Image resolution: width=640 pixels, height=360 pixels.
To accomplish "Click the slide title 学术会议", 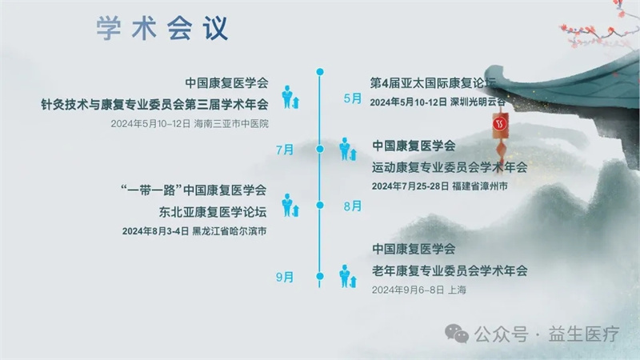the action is (162, 28).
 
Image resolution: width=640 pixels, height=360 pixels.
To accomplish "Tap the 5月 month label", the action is (353, 98).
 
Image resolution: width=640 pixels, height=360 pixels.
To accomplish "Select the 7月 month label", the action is (285, 150).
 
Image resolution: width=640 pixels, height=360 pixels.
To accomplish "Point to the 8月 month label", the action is (353, 206).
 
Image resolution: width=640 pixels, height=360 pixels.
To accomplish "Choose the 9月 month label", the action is (285, 277).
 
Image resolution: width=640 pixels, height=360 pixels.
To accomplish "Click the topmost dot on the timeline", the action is (320, 72).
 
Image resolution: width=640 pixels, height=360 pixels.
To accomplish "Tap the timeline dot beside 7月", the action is (320, 149).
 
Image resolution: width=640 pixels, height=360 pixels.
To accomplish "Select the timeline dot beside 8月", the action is (320, 205).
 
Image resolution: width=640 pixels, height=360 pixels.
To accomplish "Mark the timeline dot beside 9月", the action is (320, 276).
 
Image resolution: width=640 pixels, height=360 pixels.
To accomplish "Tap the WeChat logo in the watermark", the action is (457, 334).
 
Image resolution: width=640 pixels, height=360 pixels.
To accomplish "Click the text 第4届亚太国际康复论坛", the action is (433, 83).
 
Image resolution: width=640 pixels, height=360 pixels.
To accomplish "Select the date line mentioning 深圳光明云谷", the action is (438, 102).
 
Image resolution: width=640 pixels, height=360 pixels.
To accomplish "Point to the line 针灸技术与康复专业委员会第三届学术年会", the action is (154, 105).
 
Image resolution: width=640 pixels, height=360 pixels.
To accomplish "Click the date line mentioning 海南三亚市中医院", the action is (190, 124).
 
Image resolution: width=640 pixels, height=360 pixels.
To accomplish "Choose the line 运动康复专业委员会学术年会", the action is (450, 167).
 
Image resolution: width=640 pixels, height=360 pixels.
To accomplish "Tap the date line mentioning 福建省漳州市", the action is (439, 186).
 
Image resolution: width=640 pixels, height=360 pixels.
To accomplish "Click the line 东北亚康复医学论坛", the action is (213, 212).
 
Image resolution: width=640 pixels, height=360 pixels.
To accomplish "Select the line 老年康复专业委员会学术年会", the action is (450, 270).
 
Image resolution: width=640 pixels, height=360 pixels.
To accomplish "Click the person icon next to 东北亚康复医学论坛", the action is (290, 206).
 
